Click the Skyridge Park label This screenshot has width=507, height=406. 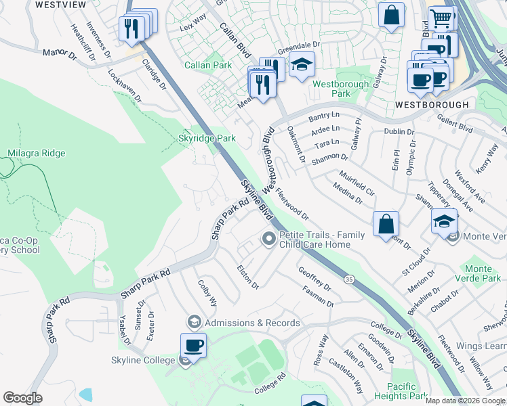coord(211,138)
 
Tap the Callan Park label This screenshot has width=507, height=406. coord(208,65)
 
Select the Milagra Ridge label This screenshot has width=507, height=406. coord(37,153)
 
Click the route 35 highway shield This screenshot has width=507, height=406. coord(349,278)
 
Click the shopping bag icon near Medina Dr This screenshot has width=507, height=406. coord(386,224)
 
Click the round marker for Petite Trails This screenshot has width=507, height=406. coord(269,239)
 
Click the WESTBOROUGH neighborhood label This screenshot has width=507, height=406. coord(432,105)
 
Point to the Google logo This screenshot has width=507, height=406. coord(23,398)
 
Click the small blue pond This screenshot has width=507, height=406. coord(85,394)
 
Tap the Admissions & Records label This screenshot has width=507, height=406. coord(251,323)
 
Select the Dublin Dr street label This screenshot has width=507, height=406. coord(399,131)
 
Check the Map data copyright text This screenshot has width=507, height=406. coord(465,401)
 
